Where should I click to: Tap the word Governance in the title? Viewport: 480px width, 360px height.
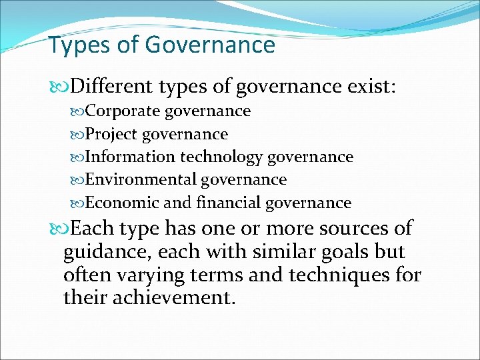click(209, 45)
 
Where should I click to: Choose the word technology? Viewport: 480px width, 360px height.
click(219, 157)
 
